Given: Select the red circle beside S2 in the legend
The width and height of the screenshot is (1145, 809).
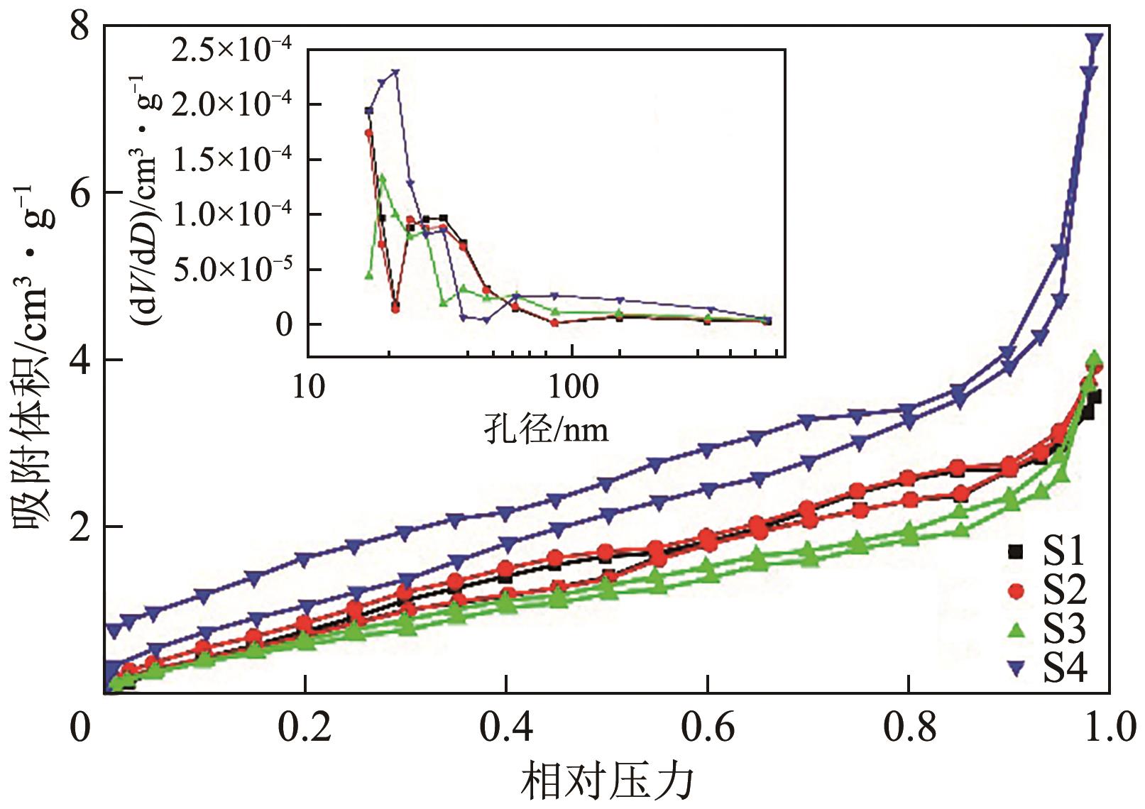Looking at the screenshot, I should coord(1017,590).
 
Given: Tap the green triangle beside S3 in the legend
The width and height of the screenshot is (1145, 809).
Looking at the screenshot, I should coord(1017,629).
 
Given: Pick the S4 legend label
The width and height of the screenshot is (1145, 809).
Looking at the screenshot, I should coord(1065,667).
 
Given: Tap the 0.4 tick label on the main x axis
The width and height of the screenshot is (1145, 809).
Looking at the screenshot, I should coord(505,730).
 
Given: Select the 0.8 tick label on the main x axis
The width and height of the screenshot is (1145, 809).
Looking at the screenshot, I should coord(908,730).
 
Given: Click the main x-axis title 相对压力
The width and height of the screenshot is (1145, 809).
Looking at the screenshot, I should coord(608,781).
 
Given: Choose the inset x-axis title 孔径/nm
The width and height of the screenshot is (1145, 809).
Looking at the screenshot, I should coord(546,429).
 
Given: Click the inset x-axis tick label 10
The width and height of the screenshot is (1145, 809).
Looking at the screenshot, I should coord(309,387).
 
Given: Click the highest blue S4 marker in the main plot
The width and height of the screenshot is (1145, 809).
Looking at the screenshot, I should coord(1095,40).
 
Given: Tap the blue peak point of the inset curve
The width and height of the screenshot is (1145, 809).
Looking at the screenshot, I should coord(395,72).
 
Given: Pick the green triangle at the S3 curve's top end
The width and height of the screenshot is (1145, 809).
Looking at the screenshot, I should coord(1094,357).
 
